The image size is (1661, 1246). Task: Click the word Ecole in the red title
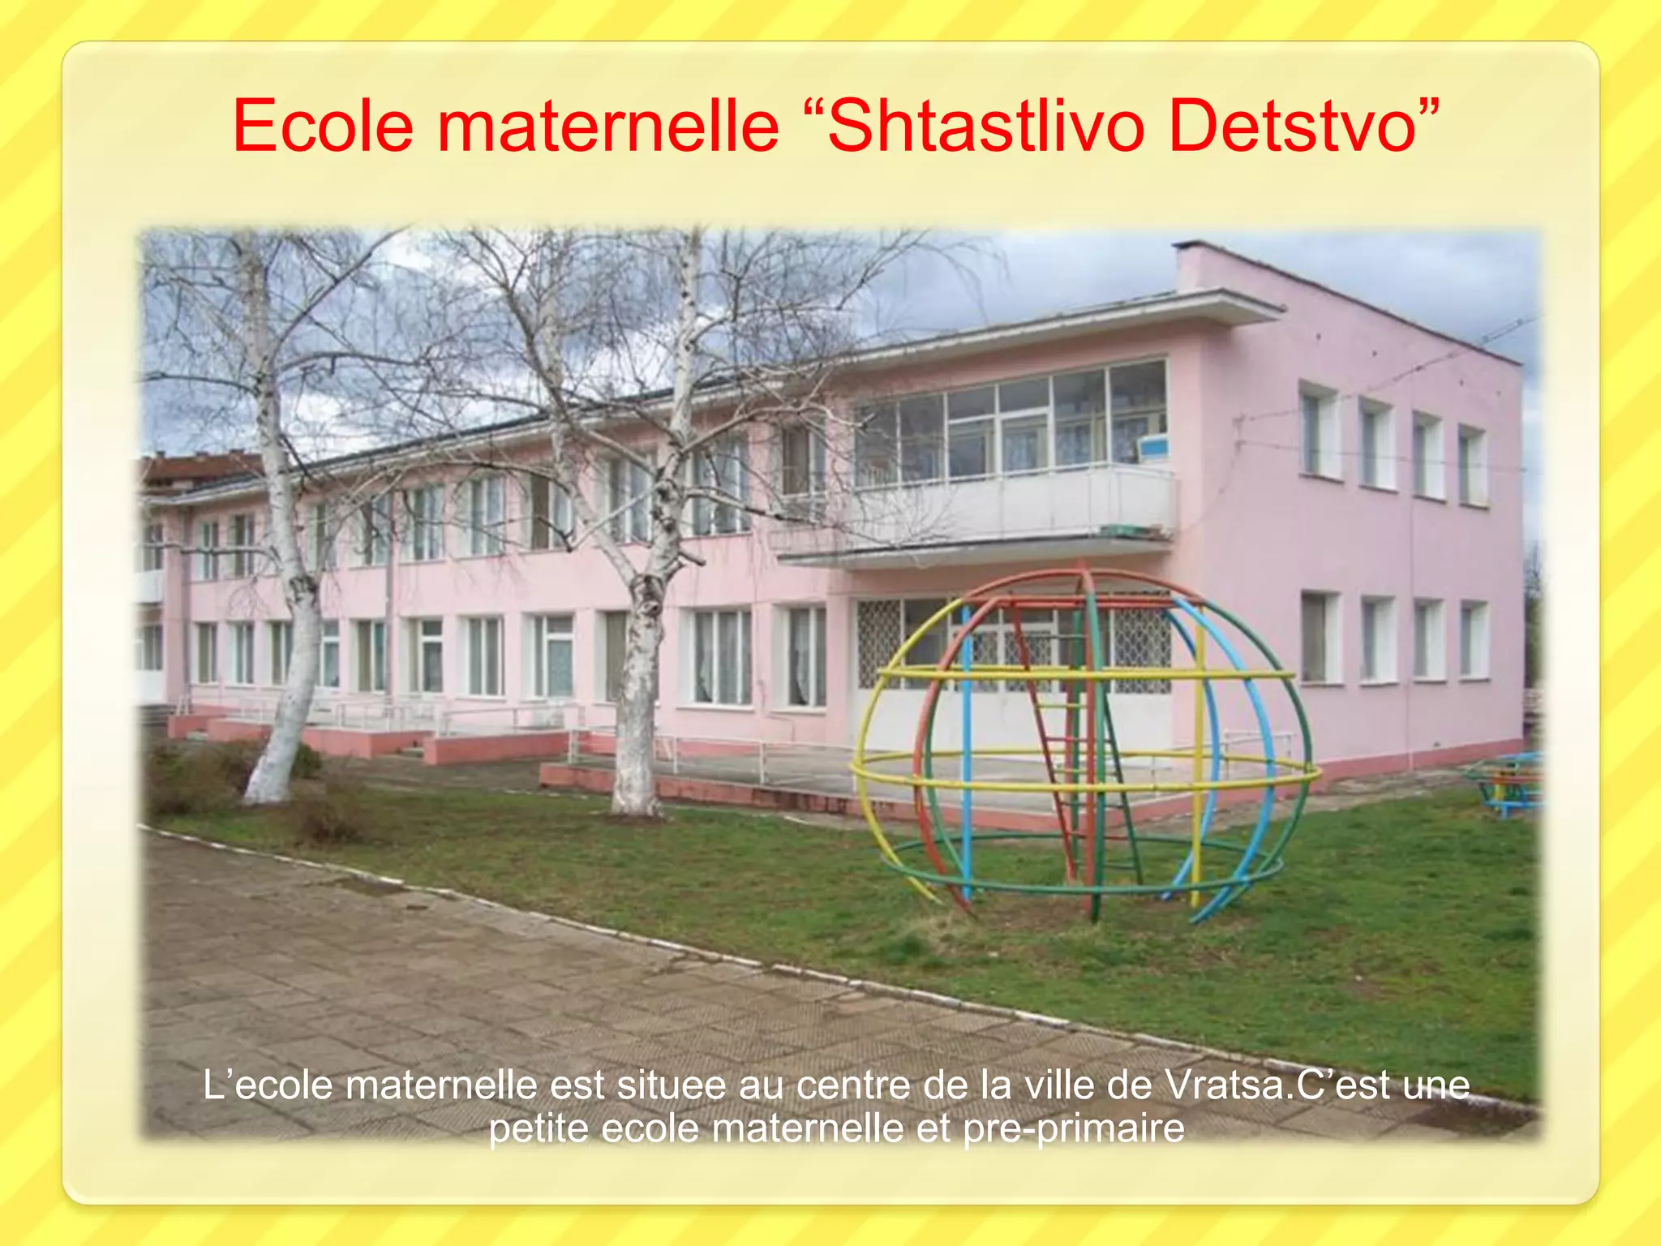323,126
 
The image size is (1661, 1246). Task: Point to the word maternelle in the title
608,126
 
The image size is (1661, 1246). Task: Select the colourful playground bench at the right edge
1509,783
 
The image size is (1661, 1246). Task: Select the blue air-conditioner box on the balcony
1152,446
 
